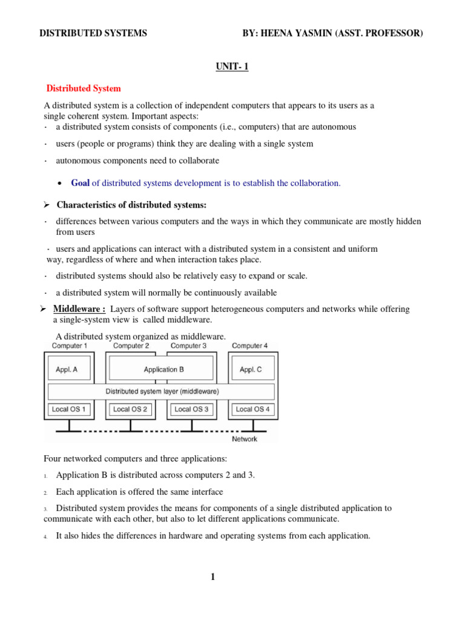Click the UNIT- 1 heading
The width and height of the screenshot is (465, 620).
pyautogui.click(x=232, y=67)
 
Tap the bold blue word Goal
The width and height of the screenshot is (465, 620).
pyautogui.click(x=81, y=183)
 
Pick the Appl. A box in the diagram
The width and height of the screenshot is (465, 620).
pyautogui.click(x=66, y=369)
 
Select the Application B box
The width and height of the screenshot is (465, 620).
pyautogui.click(x=160, y=369)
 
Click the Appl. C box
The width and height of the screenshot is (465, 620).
pyautogui.click(x=251, y=369)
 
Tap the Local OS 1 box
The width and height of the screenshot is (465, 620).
pyautogui.click(x=68, y=409)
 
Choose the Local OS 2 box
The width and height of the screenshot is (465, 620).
pyautogui.click(x=130, y=409)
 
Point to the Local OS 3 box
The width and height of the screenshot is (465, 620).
pyautogui.click(x=191, y=409)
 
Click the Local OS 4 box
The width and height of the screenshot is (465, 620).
pyautogui.click(x=252, y=409)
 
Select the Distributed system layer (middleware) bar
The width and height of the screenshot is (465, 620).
pyautogui.click(x=162, y=391)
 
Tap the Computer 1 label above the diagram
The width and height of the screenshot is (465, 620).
pyautogui.click(x=69, y=346)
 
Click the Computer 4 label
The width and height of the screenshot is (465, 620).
pyautogui.click(x=250, y=346)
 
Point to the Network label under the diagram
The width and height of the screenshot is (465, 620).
pyautogui.click(x=245, y=439)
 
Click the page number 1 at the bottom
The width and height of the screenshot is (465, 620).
pyautogui.click(x=213, y=577)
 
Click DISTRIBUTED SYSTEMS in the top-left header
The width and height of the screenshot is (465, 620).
pyautogui.click(x=93, y=33)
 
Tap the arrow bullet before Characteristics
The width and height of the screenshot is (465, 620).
pyautogui.click(x=48, y=205)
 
